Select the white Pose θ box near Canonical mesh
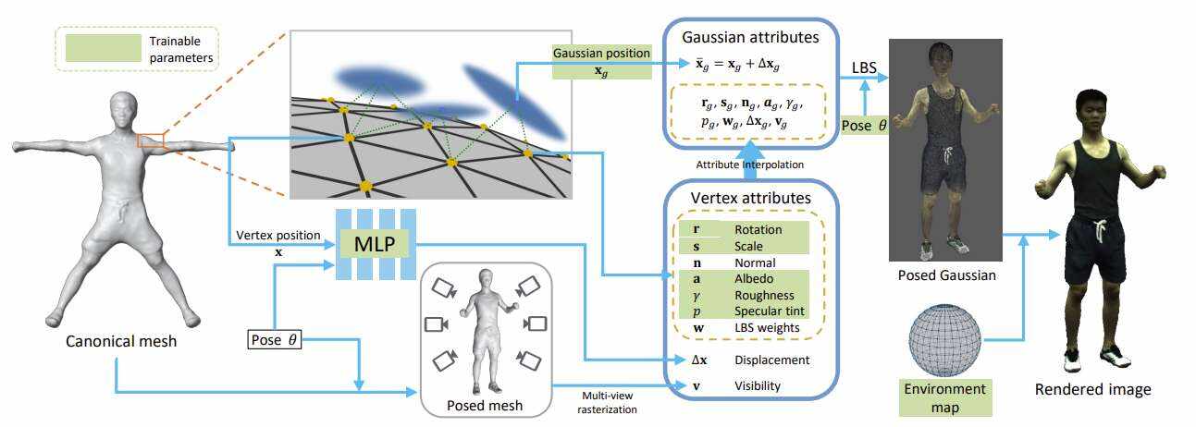275,339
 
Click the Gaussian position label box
600,61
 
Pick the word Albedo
751,278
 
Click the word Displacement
771,360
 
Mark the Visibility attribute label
758,385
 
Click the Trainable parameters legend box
137,49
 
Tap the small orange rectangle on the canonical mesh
151,140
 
